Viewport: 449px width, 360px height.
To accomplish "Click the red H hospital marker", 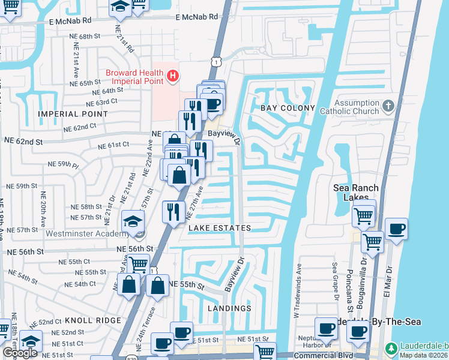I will tap(173, 76).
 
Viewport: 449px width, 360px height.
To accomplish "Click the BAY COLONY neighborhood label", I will tap(288, 108).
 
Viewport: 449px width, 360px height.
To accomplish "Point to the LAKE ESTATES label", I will tap(219, 229).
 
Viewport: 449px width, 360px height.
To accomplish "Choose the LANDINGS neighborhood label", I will tap(229, 308).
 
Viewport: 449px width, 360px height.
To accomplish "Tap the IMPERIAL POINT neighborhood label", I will tap(65, 114).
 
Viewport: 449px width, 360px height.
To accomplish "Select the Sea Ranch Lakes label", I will tap(356, 193).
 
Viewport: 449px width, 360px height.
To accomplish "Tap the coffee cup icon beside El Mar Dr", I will tap(396, 229).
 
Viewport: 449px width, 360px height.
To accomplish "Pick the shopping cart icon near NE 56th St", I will tap(139, 263).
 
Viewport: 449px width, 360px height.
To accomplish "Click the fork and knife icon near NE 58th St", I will tap(172, 212).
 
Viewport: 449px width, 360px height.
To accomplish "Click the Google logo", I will tap(19, 353).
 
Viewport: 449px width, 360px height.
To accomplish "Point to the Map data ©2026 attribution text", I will tap(423, 355).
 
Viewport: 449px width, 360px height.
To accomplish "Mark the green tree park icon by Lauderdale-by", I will tap(390, 348).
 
